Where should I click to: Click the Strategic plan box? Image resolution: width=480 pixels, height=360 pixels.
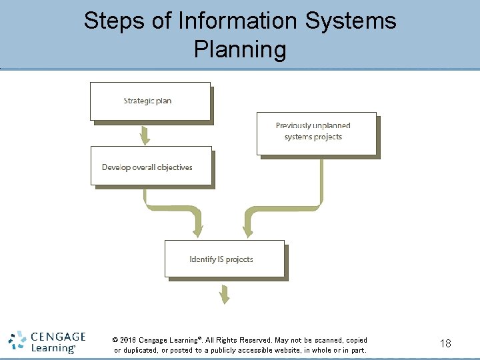pyautogui.click(x=150, y=101)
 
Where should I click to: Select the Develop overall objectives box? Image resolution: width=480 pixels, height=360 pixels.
pyautogui.click(x=151, y=166)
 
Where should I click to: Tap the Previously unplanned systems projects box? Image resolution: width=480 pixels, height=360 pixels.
pyautogui.click(x=316, y=131)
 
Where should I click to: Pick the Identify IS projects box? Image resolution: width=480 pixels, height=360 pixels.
pyautogui.click(x=224, y=259)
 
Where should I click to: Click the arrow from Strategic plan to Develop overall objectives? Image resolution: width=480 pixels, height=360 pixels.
pyautogui.click(x=145, y=136)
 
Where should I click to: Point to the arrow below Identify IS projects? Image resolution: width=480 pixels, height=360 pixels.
pyautogui.click(x=225, y=293)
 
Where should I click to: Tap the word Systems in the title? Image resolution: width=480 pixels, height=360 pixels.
pyautogui.click(x=351, y=21)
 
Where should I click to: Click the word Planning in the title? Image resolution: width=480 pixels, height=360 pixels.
pyautogui.click(x=240, y=49)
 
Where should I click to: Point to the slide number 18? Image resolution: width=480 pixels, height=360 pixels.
pyautogui.click(x=445, y=343)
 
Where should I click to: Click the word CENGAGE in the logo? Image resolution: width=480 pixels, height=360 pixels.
pyautogui.click(x=59, y=337)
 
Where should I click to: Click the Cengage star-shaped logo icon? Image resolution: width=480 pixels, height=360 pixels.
pyautogui.click(x=18, y=341)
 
